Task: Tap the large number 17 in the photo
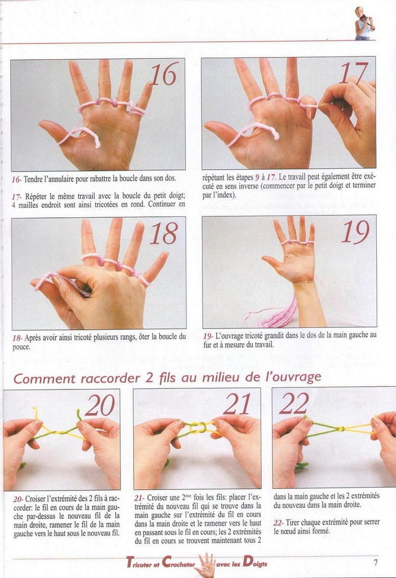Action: (x=354, y=73)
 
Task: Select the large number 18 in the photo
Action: (x=164, y=233)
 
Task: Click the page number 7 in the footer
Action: (x=375, y=563)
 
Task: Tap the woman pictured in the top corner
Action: (x=364, y=23)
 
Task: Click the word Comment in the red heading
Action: (x=45, y=379)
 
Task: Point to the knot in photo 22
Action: (x=341, y=429)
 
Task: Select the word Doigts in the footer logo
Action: (x=255, y=563)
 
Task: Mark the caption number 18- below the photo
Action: (x=17, y=338)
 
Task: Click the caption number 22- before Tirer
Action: (x=279, y=522)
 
